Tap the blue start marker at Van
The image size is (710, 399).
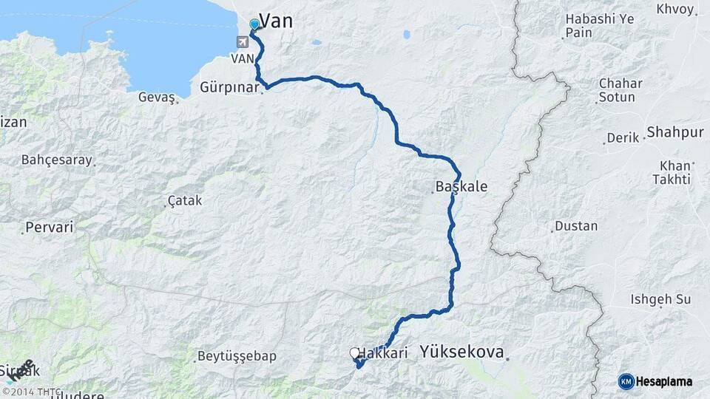(254, 24)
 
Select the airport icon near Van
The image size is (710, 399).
(243, 42)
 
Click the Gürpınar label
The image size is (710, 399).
(229, 87)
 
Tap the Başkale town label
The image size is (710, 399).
(461, 187)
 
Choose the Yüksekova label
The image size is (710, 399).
(461, 352)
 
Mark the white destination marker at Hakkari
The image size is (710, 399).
(354, 354)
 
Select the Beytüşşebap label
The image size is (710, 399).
(237, 356)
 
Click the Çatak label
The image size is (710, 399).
(185, 200)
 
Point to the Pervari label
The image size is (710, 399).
(50, 228)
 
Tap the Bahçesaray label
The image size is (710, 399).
(57, 160)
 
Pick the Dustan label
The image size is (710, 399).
(576, 226)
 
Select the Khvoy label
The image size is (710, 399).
(674, 10)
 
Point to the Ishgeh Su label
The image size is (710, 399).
(660, 299)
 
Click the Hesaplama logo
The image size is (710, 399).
(656, 381)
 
